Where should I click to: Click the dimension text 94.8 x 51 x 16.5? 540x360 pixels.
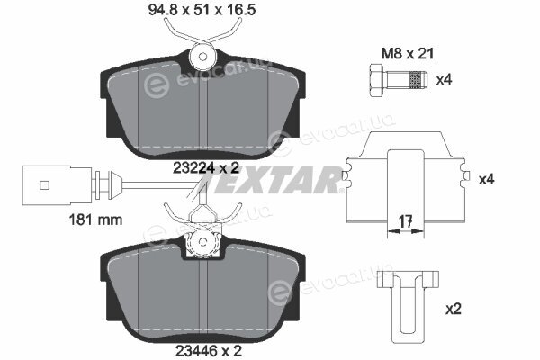pyautogui.click(x=202, y=10)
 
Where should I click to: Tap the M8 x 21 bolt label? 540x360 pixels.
pyautogui.click(x=408, y=54)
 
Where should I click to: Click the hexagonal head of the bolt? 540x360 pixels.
pyautogui.click(x=376, y=80)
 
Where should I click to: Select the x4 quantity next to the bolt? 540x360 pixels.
pyautogui.click(x=444, y=80)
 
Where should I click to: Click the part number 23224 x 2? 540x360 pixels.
pyautogui.click(x=206, y=168)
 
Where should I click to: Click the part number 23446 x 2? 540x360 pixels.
pyautogui.click(x=209, y=351)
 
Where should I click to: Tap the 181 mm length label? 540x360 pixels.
pyautogui.click(x=95, y=220)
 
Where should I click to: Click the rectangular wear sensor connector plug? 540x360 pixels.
pyautogui.click(x=57, y=185)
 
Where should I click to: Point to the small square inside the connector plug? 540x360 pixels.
pyautogui.click(x=44, y=185)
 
